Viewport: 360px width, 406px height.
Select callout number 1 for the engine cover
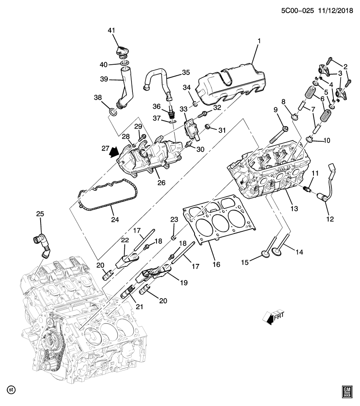tap(259, 41)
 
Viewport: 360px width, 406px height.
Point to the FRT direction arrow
tap(272, 317)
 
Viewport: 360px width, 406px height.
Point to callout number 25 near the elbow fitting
tap(40, 214)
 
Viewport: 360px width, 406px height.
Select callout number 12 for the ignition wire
tap(330, 219)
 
